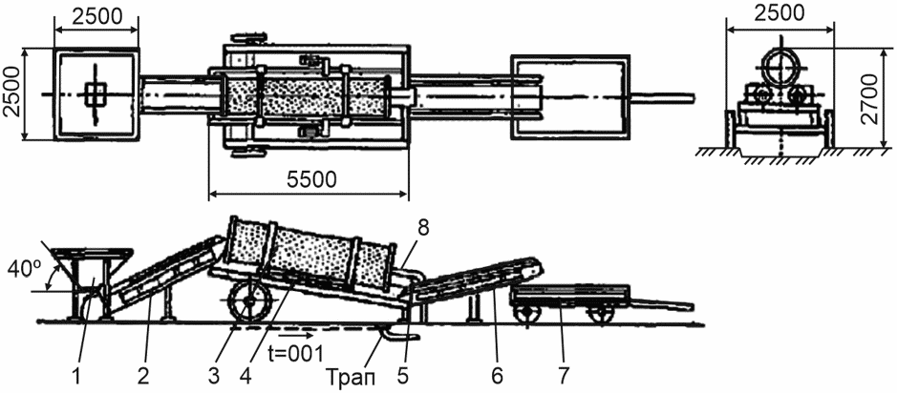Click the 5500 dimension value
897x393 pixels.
click(x=309, y=178)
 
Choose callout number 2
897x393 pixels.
click(x=142, y=376)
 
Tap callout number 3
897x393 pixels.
click(x=215, y=376)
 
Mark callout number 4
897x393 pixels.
click(x=246, y=376)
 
